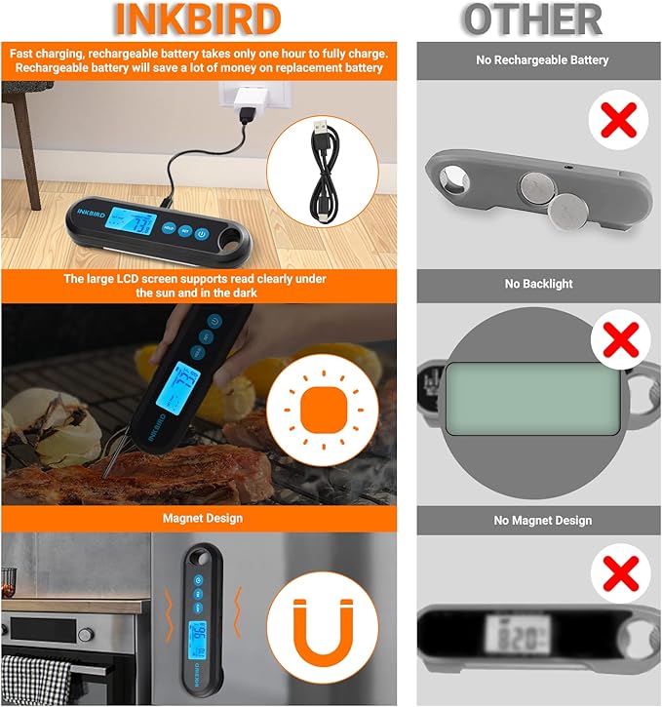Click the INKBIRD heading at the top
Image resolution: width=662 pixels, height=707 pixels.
click(198, 20)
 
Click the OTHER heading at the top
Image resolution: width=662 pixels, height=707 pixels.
click(531, 20)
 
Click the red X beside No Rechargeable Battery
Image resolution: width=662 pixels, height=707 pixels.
click(617, 122)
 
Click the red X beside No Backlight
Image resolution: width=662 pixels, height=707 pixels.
click(617, 342)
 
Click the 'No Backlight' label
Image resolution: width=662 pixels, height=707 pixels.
click(538, 284)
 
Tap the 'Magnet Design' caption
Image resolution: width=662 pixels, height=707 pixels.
click(203, 518)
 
